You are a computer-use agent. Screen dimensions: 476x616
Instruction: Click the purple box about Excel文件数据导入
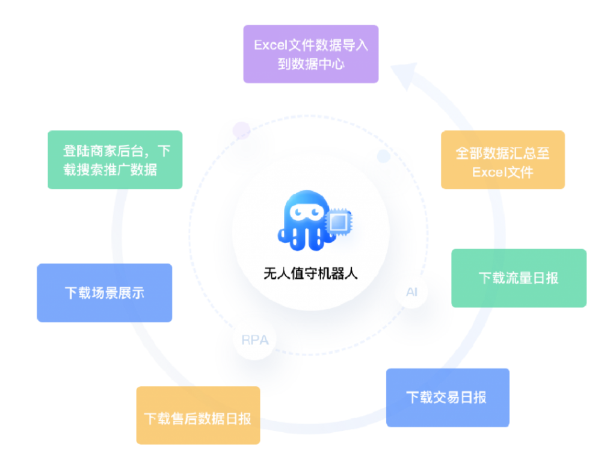(310, 54)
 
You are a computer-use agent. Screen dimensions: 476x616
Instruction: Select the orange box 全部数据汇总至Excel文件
(502, 159)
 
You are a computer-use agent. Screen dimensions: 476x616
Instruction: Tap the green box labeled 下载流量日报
(518, 278)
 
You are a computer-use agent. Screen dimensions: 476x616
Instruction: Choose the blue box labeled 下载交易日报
(447, 397)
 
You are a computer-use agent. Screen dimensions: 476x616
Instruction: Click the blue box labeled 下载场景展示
(104, 292)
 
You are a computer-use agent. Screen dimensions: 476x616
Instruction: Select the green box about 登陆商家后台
(114, 159)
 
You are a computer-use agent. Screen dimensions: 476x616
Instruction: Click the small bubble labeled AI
(412, 292)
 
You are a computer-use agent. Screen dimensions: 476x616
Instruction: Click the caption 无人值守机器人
(310, 273)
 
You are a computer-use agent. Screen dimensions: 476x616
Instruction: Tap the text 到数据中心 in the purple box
(310, 63)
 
